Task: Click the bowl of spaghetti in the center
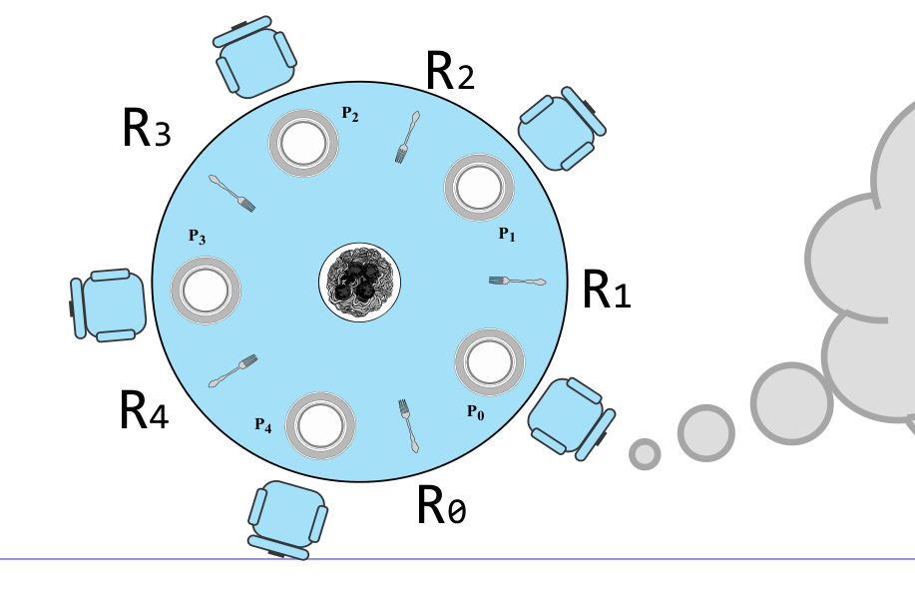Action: click(359, 282)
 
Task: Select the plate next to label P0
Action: click(490, 362)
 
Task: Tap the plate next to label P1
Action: click(479, 188)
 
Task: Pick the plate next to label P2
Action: click(303, 143)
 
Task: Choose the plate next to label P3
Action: click(206, 291)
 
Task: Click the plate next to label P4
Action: click(320, 425)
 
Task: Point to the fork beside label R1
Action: click(518, 282)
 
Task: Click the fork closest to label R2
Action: click(407, 137)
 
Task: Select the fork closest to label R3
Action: click(232, 194)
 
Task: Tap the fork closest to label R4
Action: click(232, 370)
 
